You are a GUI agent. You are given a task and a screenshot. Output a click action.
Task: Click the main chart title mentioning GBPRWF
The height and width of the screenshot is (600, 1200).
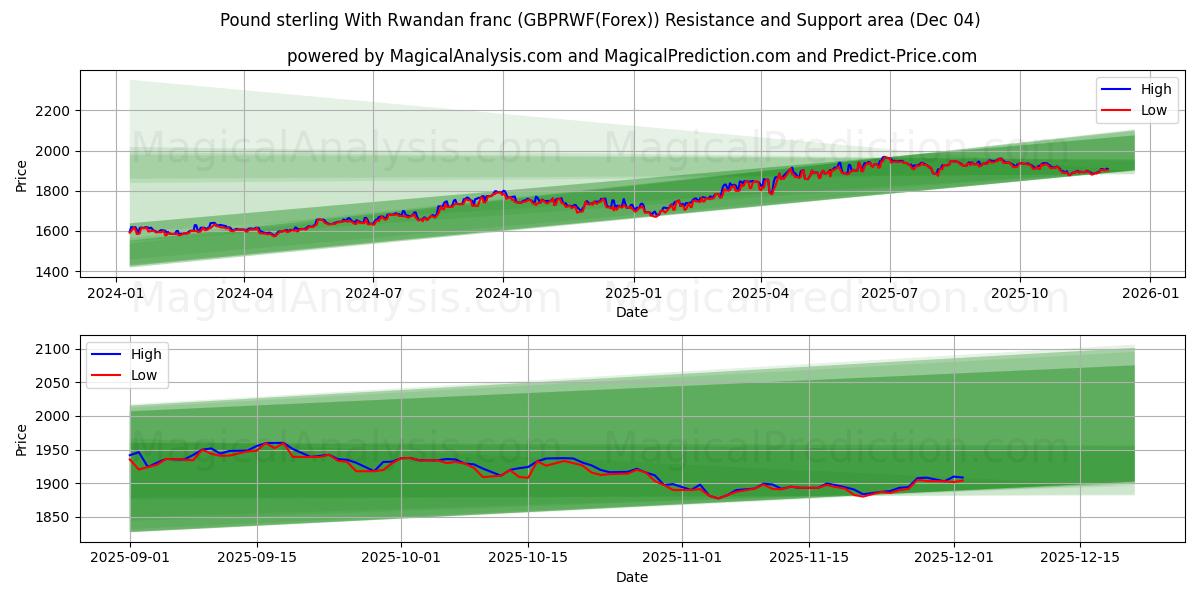pyautogui.click(x=600, y=20)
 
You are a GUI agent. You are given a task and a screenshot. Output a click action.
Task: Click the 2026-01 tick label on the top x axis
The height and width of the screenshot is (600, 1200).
pyautogui.click(x=1149, y=294)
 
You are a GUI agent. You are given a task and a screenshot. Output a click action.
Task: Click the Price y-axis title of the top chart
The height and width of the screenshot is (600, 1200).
pyautogui.click(x=22, y=176)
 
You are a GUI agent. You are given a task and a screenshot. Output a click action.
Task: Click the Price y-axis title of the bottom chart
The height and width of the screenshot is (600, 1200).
pyautogui.click(x=22, y=439)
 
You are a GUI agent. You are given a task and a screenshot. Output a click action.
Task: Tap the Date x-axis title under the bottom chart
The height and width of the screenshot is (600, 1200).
pyautogui.click(x=631, y=577)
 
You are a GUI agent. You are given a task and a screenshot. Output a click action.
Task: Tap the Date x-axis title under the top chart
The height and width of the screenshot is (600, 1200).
pyautogui.click(x=631, y=312)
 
